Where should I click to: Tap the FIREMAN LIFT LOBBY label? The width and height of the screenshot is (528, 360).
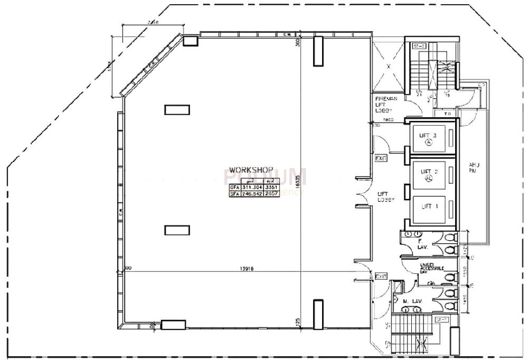coord(382,104)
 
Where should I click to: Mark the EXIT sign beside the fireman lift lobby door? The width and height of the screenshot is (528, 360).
coord(381,158)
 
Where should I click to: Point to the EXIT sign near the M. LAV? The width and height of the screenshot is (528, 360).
coord(381,276)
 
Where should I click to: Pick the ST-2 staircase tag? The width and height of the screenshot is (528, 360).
coord(419,46)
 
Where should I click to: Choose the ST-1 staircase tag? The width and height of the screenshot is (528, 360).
coord(441,319)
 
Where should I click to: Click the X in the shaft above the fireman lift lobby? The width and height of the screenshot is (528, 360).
coord(389,67)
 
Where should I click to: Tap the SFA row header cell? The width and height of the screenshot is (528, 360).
coord(234,194)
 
